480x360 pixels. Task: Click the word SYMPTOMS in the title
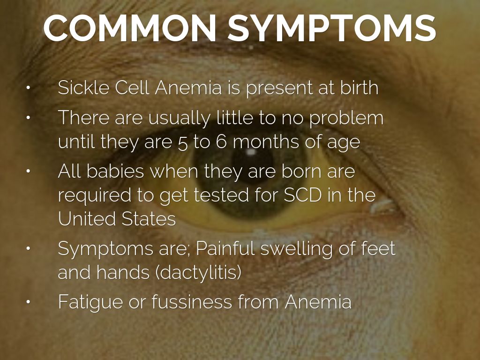pos(332,28)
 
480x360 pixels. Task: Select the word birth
pos(359,87)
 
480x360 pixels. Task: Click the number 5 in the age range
pos(182,142)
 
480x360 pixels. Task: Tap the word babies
pos(115,171)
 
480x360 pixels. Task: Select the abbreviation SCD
pos(303,195)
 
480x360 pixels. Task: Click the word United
pos(87,218)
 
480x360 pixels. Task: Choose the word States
pos(149,218)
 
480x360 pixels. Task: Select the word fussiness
pos(192,301)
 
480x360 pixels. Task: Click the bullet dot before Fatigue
pos(28,302)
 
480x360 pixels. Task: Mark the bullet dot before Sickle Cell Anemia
pos(28,88)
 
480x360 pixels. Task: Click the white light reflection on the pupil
pos(251,152)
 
